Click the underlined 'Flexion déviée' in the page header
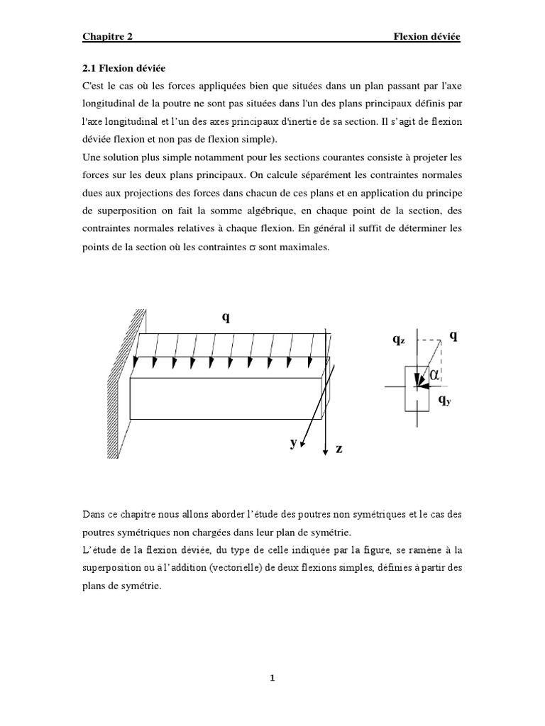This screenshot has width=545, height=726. click(x=427, y=37)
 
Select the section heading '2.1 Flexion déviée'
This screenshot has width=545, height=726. click(x=120, y=68)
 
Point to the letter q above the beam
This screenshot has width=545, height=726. click(x=226, y=318)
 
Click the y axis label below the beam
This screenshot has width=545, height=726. click(x=292, y=442)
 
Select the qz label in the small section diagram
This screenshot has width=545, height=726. click(x=399, y=340)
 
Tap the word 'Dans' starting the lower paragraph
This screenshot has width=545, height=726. click(x=94, y=513)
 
